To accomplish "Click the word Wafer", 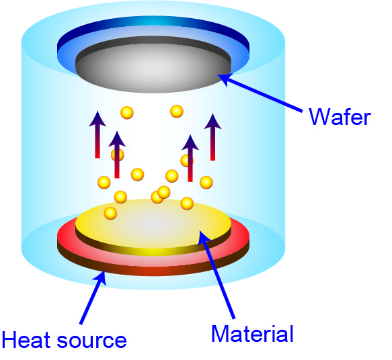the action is click(340, 117).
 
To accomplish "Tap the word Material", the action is click(252, 334).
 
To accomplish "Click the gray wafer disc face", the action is click(153, 68).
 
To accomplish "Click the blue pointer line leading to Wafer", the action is click(260, 93).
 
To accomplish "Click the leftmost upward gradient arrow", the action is click(97, 134).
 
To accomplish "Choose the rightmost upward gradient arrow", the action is click(212, 137).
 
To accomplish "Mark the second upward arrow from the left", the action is click(117, 154).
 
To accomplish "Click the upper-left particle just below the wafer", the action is click(127, 113).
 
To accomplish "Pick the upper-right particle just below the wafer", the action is click(177, 111).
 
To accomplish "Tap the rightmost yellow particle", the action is click(206, 183).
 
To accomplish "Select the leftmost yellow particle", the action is click(104, 182).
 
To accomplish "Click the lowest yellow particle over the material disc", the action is click(110, 213).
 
